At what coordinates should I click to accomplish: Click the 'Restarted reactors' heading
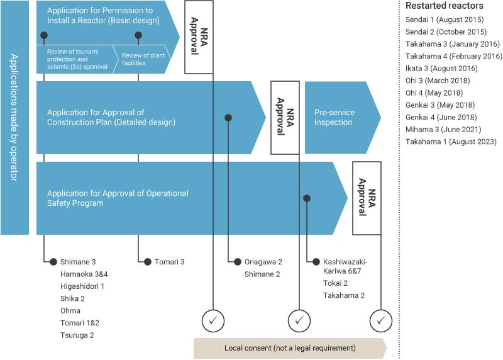(445, 6)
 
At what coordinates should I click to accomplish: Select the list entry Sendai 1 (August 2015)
(445, 20)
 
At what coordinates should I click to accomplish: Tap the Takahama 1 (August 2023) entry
(451, 142)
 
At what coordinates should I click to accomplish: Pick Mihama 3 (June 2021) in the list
(443, 130)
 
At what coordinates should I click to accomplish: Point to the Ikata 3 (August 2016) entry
(441, 69)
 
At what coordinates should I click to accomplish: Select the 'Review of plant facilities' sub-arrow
(142, 59)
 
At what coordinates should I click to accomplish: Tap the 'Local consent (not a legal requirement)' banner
(290, 348)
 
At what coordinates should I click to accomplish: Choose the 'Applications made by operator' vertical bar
(14, 118)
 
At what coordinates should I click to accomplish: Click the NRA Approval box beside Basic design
(199, 37)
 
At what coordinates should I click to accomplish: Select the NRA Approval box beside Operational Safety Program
(367, 198)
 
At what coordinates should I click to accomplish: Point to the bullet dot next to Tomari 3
(148, 262)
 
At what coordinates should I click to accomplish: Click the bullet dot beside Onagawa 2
(238, 262)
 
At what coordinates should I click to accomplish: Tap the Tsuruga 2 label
(77, 335)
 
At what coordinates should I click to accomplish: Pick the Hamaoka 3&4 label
(84, 274)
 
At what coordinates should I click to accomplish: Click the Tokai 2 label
(335, 283)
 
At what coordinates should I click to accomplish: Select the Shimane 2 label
(262, 274)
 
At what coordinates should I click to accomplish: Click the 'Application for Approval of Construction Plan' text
(111, 117)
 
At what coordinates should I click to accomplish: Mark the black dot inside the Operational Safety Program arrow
(307, 198)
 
